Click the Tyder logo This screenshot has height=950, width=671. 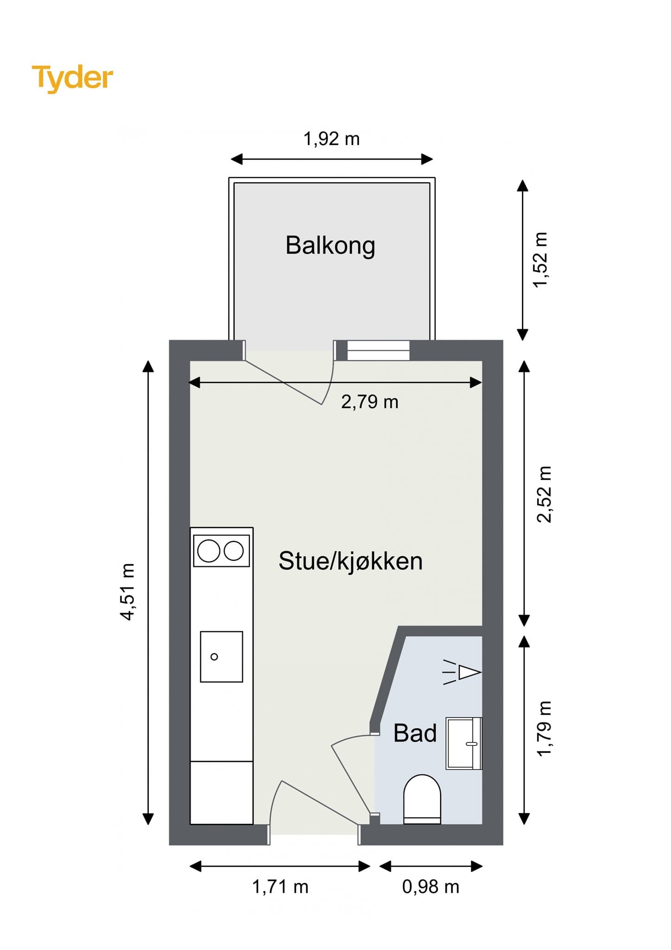pos(72,78)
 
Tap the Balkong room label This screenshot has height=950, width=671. pos(330,245)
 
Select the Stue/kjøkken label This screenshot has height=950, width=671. pos(350,561)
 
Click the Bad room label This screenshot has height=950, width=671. pos(415,733)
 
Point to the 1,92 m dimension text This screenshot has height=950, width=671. pos(331,139)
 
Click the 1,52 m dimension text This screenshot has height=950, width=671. pos(540,260)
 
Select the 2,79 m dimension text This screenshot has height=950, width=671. pos(369,402)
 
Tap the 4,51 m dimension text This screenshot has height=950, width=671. pos(127,591)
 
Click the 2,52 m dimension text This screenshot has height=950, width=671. pos(544,494)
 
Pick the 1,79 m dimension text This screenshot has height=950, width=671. pos(544,729)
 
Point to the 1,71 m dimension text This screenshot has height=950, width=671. pos(280,886)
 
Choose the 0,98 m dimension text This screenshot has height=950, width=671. pos(430,886)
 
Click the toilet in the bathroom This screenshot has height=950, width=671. pos(422,799)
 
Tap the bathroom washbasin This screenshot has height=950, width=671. pos(463,743)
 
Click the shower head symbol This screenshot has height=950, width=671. pos(468,672)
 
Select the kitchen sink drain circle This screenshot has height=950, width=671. pos(214,656)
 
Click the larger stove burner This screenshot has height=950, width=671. pos(209,551)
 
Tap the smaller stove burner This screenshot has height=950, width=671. pos(234,551)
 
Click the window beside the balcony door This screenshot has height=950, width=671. pos(379,350)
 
